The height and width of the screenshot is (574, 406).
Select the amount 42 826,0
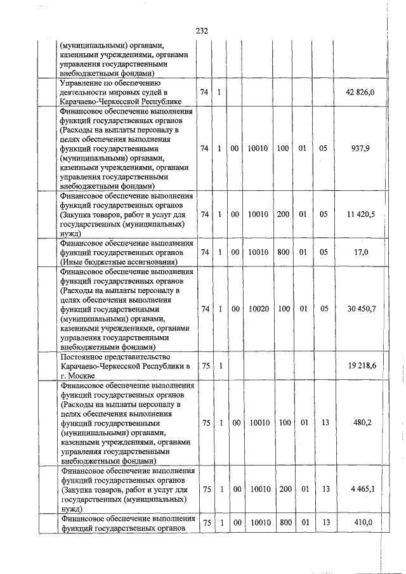[360, 93]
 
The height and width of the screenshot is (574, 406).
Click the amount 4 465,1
[360, 489]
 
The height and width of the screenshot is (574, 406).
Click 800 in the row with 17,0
[283, 252]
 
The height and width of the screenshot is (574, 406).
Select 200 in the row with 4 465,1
[283, 489]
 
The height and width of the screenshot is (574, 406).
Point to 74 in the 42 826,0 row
[204, 93]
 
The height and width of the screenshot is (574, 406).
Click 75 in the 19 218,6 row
[204, 366]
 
